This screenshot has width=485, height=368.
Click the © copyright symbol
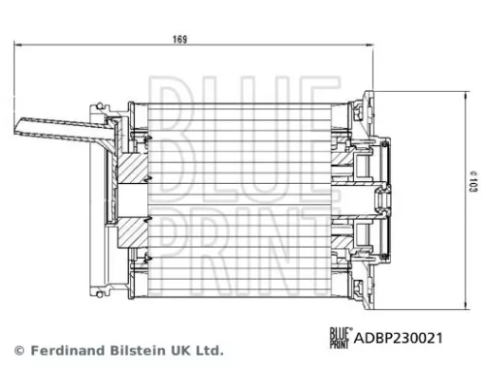pyautogui.click(x=17, y=350)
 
